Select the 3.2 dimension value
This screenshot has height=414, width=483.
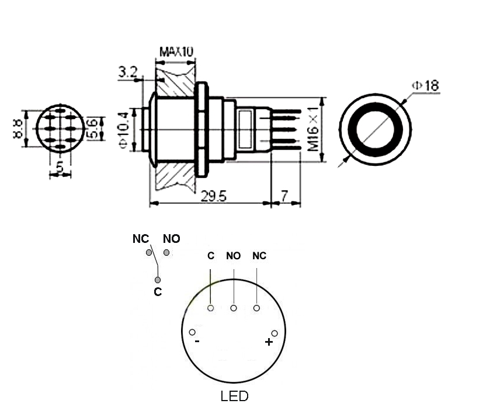[127, 72]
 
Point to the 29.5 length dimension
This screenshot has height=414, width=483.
[213, 197]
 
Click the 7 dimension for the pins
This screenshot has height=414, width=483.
[284, 197]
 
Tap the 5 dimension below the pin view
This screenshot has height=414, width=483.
[60, 168]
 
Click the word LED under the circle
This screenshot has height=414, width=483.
[234, 396]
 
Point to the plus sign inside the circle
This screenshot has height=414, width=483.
[268, 342]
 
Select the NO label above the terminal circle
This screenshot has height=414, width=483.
[233, 256]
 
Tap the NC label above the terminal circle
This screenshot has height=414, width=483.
[259, 256]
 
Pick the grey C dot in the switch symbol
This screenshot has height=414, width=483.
[157, 280]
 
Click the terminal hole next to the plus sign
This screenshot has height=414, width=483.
[274, 333]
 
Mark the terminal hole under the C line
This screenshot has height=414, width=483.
[210, 308]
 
